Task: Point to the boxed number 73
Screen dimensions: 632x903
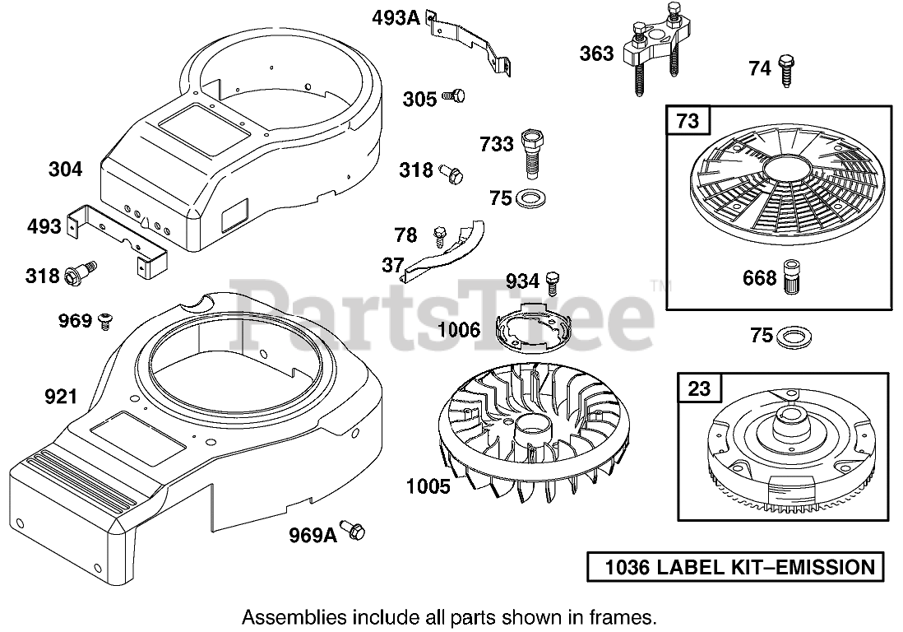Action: coord(688,121)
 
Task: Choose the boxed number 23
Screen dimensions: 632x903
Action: coord(699,388)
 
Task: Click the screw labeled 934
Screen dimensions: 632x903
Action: coord(553,281)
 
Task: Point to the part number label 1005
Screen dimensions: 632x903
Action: coord(428,486)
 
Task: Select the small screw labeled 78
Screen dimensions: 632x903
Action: coord(440,236)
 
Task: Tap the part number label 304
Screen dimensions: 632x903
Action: coord(66,170)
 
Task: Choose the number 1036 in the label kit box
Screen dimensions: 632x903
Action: coord(627,567)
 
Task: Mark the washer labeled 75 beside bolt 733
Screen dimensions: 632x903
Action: coord(523,197)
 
